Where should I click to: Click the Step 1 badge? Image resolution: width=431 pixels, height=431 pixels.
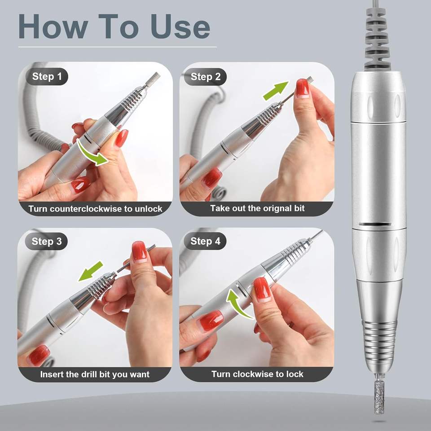[x=47, y=76]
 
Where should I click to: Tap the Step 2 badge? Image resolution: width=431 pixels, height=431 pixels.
[x=205, y=77]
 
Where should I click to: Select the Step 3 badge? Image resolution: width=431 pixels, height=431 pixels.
[x=46, y=242]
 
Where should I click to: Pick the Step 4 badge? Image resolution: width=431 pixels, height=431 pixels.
[x=205, y=242]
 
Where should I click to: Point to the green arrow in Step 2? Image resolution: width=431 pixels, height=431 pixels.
[x=276, y=91]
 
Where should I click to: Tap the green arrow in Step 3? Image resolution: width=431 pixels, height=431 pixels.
[x=91, y=271]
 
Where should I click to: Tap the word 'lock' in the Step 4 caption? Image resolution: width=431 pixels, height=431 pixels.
[x=295, y=374]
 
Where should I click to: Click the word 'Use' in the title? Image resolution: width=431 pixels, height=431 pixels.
[x=180, y=26]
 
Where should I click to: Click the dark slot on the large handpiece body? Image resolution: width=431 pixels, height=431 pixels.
[x=375, y=224]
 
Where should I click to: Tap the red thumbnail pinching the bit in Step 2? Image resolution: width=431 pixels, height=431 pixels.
[x=302, y=88]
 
